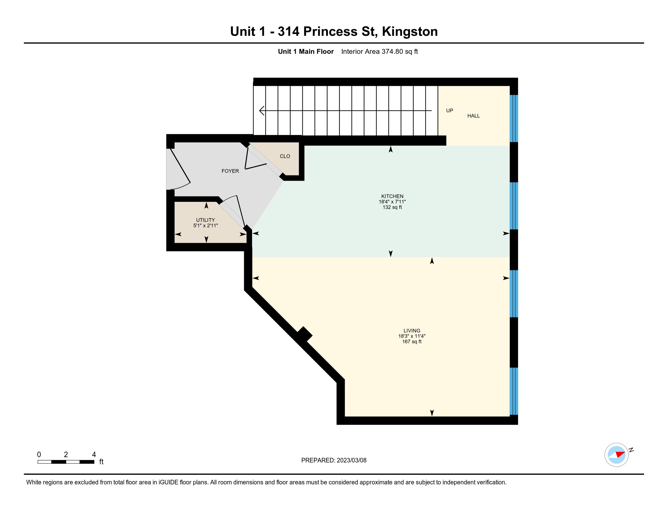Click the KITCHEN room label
click(x=392, y=196)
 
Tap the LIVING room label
click(x=412, y=331)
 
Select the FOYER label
click(x=230, y=171)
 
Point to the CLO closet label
click(x=285, y=156)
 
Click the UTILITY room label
click(x=205, y=220)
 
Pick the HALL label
click(x=473, y=116)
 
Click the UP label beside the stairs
click(x=449, y=111)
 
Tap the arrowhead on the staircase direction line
click(x=262, y=110)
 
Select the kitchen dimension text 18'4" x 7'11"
click(x=392, y=202)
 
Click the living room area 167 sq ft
click(x=412, y=341)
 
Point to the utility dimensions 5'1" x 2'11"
click(x=205, y=226)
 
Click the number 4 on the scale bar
click(x=94, y=455)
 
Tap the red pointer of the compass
click(x=620, y=454)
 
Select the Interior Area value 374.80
click(x=392, y=51)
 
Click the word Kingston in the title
click(x=410, y=32)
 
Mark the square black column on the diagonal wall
click(x=304, y=334)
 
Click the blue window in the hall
click(x=514, y=119)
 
